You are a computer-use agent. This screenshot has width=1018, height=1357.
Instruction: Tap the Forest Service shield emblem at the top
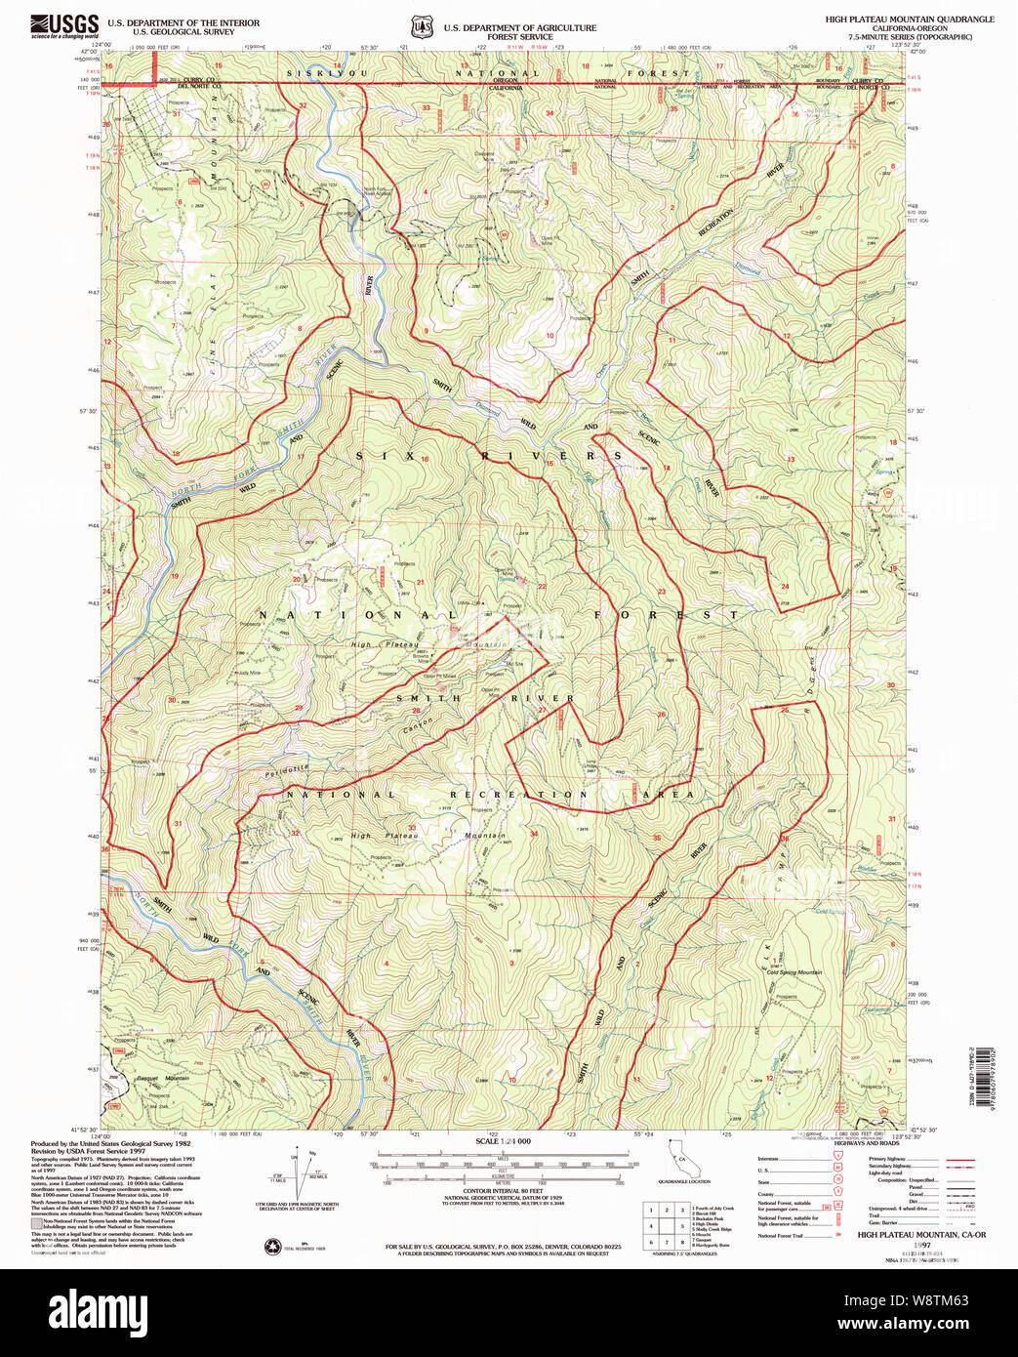point(421,27)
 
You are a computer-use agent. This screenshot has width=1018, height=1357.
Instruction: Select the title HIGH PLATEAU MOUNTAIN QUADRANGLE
point(910,19)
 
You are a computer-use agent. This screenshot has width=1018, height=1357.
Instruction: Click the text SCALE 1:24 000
point(504,1141)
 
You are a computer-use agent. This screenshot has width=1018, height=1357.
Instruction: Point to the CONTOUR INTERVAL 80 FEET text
point(504,1191)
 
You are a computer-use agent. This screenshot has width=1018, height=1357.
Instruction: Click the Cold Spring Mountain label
point(794,972)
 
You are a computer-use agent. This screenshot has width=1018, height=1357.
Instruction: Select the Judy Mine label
point(249,673)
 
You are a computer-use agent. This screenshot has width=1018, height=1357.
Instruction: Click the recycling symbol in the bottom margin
point(272,1246)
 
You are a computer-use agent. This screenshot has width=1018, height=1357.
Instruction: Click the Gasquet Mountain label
point(161,1078)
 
